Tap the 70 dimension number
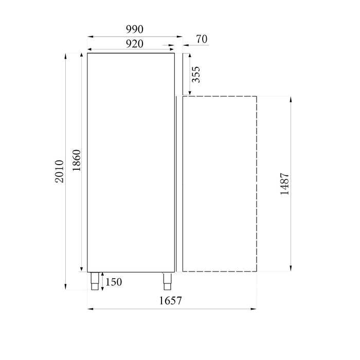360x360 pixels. pyautogui.click(x=202, y=39)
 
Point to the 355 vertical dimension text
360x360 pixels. pyautogui.click(x=196, y=75)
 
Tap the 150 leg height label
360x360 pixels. pyautogui.click(x=115, y=282)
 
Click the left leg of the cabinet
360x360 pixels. pyautogui.click(x=96, y=281)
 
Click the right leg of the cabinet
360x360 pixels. pyautogui.click(x=168, y=281)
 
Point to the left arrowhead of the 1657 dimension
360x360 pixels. pyautogui.click(x=89, y=309)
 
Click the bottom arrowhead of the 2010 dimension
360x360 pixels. pyautogui.click(x=66, y=287)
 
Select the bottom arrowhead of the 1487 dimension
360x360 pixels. pyautogui.click(x=291, y=268)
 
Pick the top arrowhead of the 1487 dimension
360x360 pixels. pyautogui.click(x=291, y=99)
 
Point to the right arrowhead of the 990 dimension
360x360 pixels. pyautogui.click(x=180, y=37)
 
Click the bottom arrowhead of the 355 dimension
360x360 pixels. pyautogui.click(x=184, y=93)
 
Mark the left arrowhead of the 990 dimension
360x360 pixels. pyautogui.click(x=89, y=37)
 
